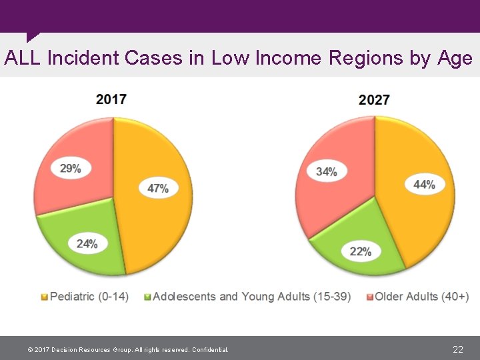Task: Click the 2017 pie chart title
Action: click(x=111, y=99)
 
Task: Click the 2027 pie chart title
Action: click(x=374, y=100)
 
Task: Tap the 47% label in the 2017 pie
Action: click(x=158, y=189)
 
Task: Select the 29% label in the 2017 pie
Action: click(x=71, y=169)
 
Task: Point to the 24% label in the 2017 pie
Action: click(x=87, y=244)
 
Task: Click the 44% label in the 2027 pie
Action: click(x=424, y=185)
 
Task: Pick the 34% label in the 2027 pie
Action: click(x=326, y=171)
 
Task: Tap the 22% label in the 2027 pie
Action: click(x=361, y=251)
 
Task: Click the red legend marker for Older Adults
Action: click(x=369, y=297)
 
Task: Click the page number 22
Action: click(x=458, y=349)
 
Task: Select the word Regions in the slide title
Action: click(x=365, y=58)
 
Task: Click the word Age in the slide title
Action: click(x=455, y=58)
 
